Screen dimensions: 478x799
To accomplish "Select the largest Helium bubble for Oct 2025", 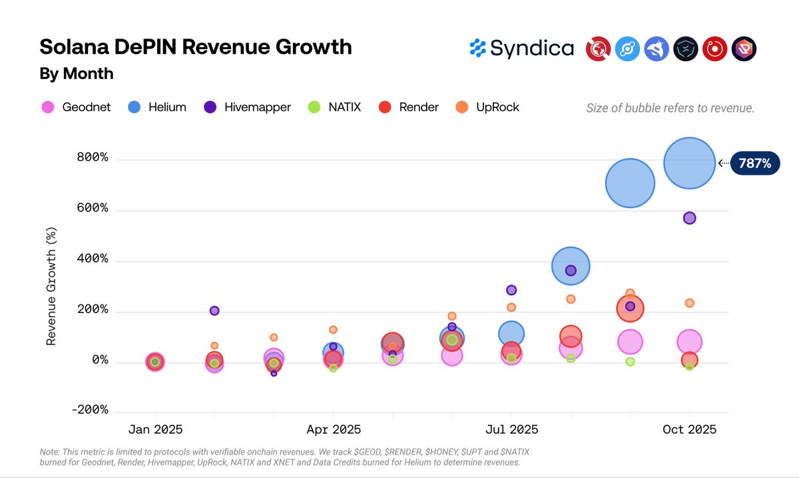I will click(x=689, y=163).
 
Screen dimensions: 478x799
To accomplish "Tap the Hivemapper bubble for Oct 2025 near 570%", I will click(x=689, y=218).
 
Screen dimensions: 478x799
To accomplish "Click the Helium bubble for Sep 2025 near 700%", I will click(x=630, y=183).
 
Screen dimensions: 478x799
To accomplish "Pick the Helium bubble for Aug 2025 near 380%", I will click(x=571, y=266).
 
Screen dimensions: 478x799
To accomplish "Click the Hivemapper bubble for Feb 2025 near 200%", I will click(x=214, y=310).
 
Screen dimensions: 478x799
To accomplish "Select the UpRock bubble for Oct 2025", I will click(x=689, y=303).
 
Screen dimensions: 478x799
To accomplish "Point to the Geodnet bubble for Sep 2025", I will click(x=630, y=342).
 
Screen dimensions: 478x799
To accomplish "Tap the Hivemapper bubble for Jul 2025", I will click(x=511, y=290).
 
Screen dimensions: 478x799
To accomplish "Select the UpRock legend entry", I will click(x=488, y=107).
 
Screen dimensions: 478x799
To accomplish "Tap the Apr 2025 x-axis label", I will click(x=333, y=429).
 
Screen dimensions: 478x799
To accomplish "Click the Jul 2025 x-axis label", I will click(x=511, y=429).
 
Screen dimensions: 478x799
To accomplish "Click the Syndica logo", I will click(x=521, y=48).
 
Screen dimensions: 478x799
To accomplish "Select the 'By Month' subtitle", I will click(x=77, y=74).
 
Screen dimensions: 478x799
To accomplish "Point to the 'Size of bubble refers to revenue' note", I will click(x=670, y=108).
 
